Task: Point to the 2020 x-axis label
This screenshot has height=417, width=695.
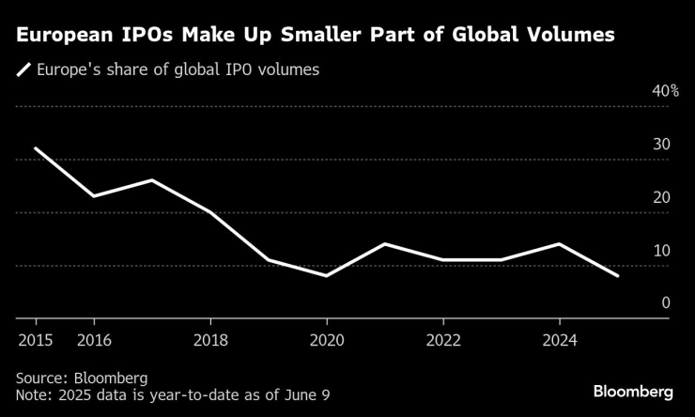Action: point(326,339)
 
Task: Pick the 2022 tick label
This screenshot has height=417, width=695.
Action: point(442,339)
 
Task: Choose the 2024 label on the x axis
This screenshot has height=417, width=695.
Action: point(559,339)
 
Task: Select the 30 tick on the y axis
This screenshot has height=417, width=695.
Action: point(659,145)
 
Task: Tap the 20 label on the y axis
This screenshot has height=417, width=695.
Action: point(659,197)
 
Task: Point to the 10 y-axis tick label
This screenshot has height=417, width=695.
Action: point(659,251)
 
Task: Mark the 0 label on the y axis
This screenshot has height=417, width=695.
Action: point(664,303)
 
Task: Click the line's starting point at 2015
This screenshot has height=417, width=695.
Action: point(36,148)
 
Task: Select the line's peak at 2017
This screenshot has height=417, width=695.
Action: point(152,180)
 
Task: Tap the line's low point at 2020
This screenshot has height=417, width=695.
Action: point(326,276)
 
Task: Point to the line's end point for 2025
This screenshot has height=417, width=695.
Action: point(617,276)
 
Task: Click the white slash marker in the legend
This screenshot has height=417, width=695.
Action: point(23,69)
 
